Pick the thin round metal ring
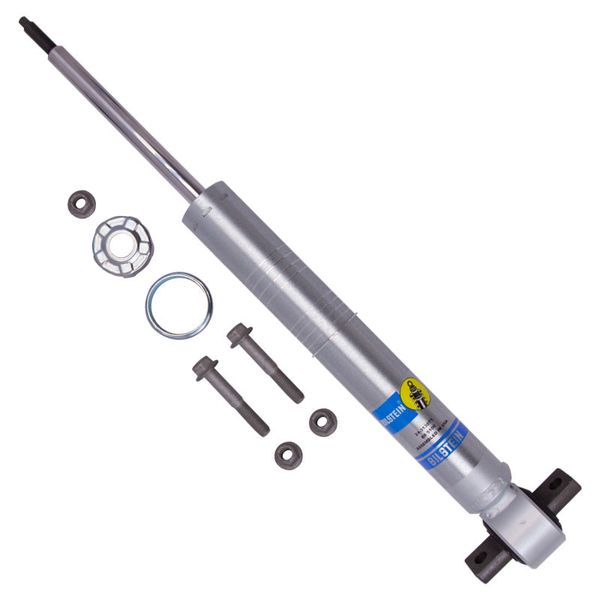pos(178,305)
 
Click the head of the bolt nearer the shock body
pos(240,334)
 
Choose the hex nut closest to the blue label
pos(322,421)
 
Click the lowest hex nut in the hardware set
pos(288,453)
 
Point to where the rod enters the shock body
pos(199,196)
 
